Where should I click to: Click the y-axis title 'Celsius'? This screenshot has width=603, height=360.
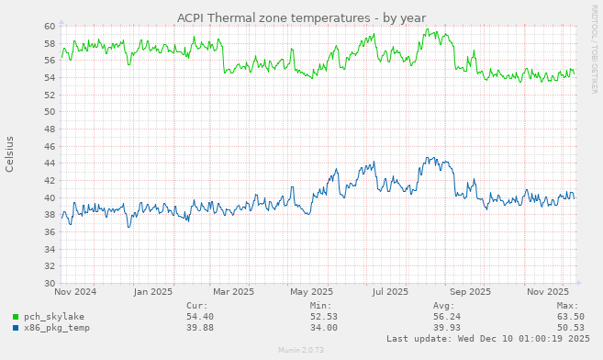pyautogui.click(x=10, y=154)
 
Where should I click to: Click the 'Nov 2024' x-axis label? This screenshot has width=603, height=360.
pyautogui.click(x=75, y=292)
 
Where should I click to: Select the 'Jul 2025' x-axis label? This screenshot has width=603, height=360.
pyautogui.click(x=390, y=292)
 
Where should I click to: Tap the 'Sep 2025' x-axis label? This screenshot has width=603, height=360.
pyautogui.click(x=470, y=292)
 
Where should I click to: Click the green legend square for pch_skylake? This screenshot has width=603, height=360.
pyautogui.click(x=16, y=316)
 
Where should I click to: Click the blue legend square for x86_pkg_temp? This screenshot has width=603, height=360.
pyautogui.click(x=16, y=327)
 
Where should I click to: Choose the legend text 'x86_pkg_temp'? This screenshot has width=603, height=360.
pyautogui.click(x=57, y=327)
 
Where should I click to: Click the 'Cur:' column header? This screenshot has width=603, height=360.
pyautogui.click(x=196, y=305)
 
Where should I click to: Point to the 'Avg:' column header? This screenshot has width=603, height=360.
pyautogui.click(x=443, y=305)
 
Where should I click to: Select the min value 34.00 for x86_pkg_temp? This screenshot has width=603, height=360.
pyautogui.click(x=324, y=327)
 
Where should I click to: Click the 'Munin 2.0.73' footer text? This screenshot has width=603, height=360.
pyautogui.click(x=300, y=351)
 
